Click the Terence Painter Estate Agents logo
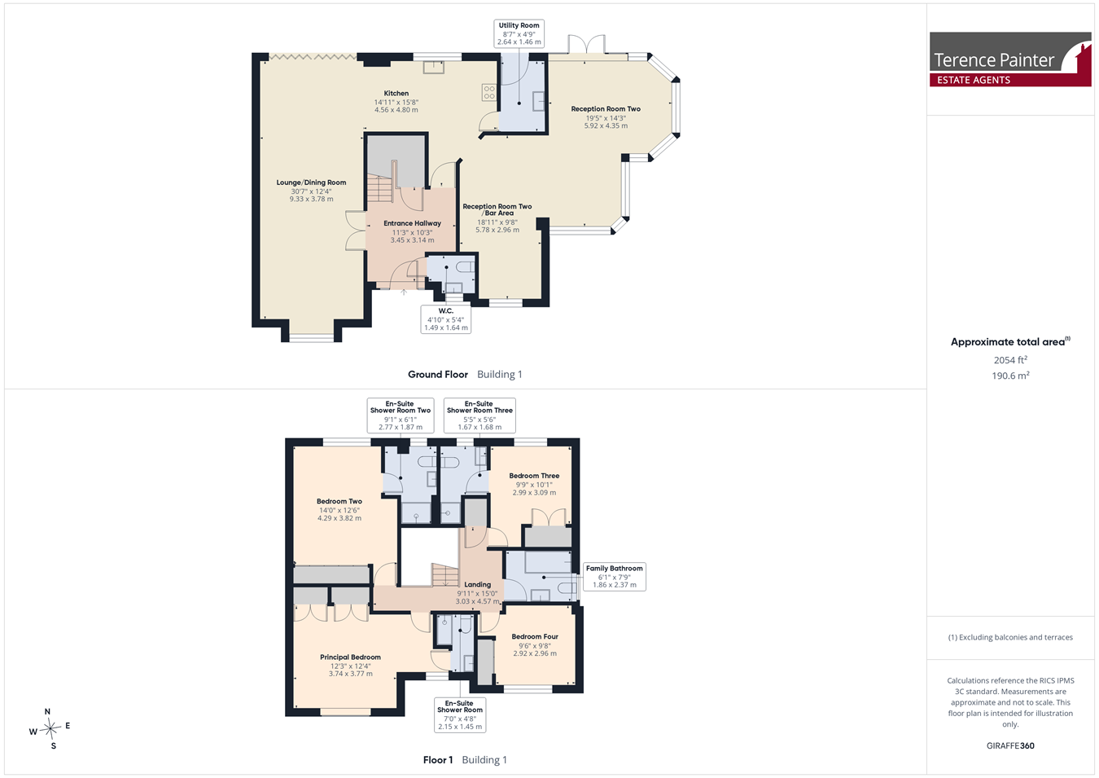click(x=1010, y=59)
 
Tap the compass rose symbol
click(x=50, y=728)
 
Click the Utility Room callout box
click(x=519, y=33)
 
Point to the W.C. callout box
click(x=446, y=319)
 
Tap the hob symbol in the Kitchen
click(x=489, y=92)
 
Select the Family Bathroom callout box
click(x=615, y=577)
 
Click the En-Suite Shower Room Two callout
click(x=401, y=415)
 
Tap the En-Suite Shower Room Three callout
click(x=479, y=415)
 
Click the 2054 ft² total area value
click(x=1010, y=360)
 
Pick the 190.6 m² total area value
click(x=1010, y=376)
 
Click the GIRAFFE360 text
click(x=1010, y=746)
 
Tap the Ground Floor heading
click(x=438, y=375)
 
